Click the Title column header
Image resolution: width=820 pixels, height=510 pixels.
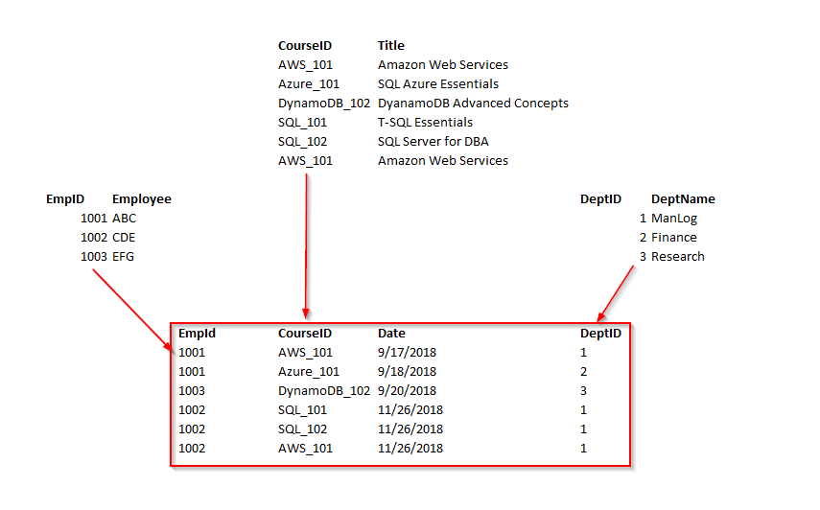pyautogui.click(x=391, y=45)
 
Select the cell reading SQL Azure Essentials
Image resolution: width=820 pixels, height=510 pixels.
pyautogui.click(x=437, y=83)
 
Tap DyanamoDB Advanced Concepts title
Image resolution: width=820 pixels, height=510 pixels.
pyautogui.click(x=473, y=103)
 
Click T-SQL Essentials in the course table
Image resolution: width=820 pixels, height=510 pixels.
pyautogui.click(x=425, y=122)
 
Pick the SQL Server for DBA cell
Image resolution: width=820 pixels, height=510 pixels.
pyautogui.click(x=433, y=141)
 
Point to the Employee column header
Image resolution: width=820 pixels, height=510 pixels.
pyautogui.click(x=142, y=198)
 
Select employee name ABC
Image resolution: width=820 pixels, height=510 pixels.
pyautogui.click(x=124, y=218)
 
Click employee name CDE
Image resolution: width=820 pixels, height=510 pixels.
pyautogui.click(x=124, y=237)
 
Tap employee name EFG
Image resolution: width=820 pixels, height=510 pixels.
pyautogui.click(x=124, y=256)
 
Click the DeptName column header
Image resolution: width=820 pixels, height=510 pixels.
pyautogui.click(x=683, y=198)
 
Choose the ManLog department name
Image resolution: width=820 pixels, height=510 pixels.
pyautogui.click(x=674, y=218)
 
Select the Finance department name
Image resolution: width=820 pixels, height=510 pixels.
pyautogui.click(x=674, y=237)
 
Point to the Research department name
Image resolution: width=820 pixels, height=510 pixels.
pyautogui.click(x=678, y=256)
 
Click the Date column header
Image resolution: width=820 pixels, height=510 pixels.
pyautogui.click(x=391, y=333)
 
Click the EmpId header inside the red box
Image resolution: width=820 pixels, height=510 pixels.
pyautogui.click(x=197, y=333)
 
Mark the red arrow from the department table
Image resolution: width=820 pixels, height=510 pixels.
pyautogui.click(x=616, y=292)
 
